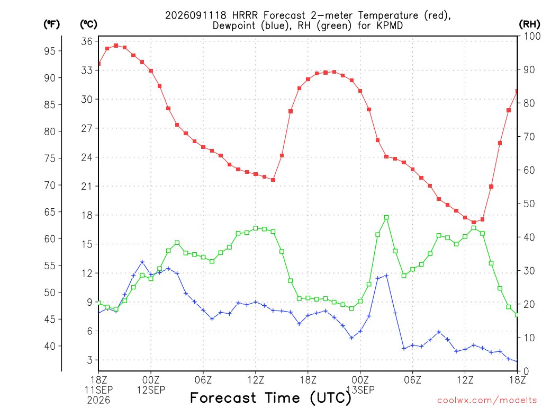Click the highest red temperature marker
116,46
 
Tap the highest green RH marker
386,217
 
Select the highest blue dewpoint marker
142,262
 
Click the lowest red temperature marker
474,223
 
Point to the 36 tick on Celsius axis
87,41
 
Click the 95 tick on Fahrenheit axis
50,51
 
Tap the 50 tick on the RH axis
529,203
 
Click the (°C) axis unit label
88,24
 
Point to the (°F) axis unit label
51,24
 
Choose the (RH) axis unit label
529,24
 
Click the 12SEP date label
151,390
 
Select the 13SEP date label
360,390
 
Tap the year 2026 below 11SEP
98,400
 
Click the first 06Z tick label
203,380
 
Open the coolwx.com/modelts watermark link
487,401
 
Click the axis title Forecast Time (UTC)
270,398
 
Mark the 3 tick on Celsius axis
90,360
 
